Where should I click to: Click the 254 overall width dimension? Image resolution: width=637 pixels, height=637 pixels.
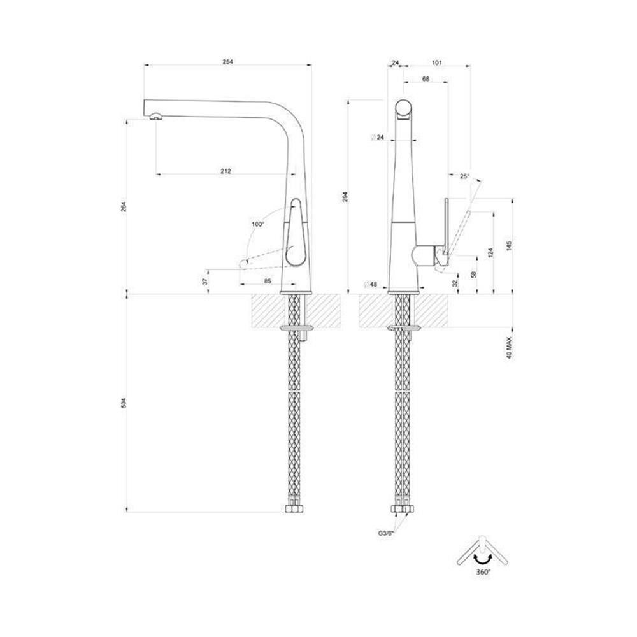pyautogui.click(x=228, y=62)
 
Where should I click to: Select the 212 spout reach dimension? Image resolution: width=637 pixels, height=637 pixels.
pyautogui.click(x=226, y=171)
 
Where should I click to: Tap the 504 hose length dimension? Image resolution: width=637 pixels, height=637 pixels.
pyautogui.click(x=124, y=403)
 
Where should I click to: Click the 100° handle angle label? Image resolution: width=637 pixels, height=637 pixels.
pyautogui.click(x=257, y=224)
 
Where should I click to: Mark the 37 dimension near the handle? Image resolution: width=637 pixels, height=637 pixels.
pyautogui.click(x=205, y=280)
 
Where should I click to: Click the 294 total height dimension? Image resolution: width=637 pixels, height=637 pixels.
pyautogui.click(x=345, y=197)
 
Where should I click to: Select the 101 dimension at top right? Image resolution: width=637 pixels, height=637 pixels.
pyautogui.click(x=436, y=62)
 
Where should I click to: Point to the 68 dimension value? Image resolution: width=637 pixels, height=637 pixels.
pyautogui.click(x=426, y=79)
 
